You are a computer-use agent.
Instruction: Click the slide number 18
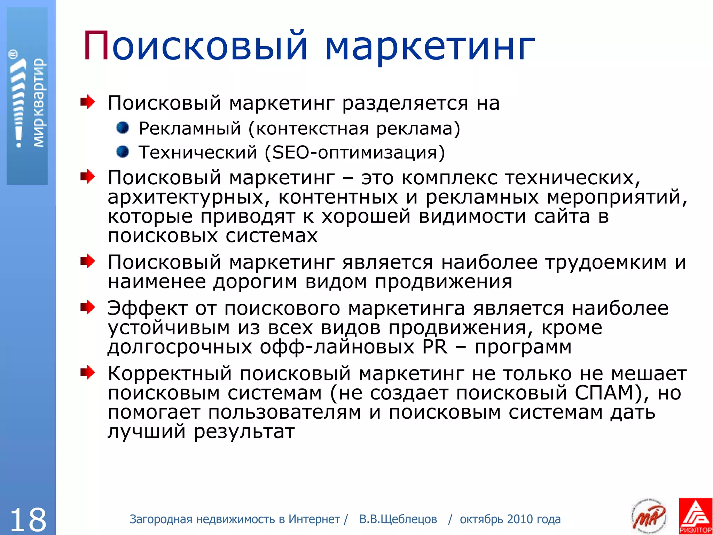(28, 519)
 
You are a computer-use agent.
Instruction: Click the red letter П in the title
(96, 46)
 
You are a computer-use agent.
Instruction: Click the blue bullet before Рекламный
(123, 128)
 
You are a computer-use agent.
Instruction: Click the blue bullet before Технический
(123, 152)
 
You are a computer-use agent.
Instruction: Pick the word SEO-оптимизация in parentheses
(354, 153)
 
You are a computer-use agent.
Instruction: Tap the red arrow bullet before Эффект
(87, 308)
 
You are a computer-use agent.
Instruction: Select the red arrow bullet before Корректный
(87, 373)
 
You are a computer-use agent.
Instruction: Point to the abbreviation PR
(434, 347)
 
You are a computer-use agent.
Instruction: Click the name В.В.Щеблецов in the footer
(398, 519)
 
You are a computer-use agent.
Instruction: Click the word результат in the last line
(244, 432)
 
